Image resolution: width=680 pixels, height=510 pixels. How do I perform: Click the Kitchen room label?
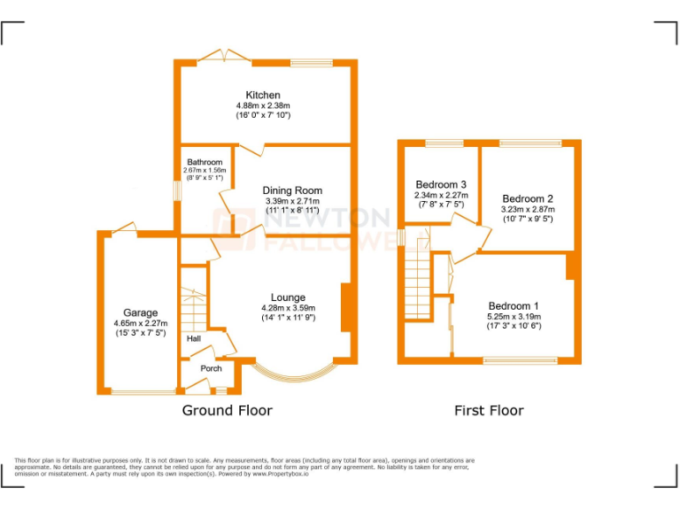263,95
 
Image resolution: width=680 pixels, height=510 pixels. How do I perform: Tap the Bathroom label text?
205,162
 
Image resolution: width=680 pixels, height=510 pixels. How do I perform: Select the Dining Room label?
292,190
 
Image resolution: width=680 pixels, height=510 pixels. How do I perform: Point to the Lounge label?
288,297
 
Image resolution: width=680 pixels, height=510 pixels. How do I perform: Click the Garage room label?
140,313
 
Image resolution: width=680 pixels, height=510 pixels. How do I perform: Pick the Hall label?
194,338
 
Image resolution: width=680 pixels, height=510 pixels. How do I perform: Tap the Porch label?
211,368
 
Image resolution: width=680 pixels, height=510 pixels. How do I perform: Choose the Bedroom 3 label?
441,184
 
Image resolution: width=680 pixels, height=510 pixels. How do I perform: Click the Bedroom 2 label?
528,198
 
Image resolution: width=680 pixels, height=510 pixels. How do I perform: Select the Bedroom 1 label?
514,305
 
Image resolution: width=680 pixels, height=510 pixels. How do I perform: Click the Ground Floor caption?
227,410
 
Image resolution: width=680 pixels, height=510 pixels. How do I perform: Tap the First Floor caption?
489,410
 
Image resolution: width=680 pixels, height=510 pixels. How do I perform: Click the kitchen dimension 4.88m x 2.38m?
263,105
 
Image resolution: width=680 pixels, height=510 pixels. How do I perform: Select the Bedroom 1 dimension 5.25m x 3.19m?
514,316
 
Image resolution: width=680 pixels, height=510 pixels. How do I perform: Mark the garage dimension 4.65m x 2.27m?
140,323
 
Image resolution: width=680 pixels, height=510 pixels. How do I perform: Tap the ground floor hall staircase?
194,305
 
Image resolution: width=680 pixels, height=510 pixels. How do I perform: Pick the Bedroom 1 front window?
520,360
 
